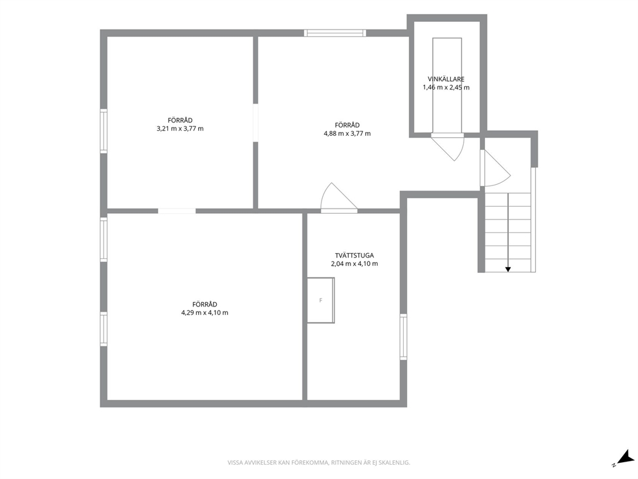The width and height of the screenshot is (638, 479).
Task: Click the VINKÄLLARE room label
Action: click(x=446, y=79)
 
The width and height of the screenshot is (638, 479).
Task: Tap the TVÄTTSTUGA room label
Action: click(x=354, y=256)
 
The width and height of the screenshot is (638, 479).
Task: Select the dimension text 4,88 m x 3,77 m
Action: click(x=347, y=134)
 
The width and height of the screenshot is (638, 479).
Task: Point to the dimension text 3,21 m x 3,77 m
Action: click(x=180, y=129)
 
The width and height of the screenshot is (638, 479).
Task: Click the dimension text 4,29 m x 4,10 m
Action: click(x=205, y=313)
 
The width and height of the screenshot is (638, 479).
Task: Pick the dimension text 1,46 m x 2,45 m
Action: click(x=446, y=88)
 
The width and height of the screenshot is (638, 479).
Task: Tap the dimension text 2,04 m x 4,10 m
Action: click(x=354, y=264)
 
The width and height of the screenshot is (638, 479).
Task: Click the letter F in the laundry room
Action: click(x=321, y=301)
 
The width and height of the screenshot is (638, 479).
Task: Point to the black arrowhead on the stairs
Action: click(x=508, y=269)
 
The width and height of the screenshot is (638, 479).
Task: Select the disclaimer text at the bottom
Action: click(x=318, y=463)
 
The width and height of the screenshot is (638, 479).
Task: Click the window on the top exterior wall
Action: click(x=335, y=33)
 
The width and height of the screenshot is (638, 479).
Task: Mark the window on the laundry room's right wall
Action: click(x=403, y=337)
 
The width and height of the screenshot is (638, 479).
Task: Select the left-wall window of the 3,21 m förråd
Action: click(x=104, y=131)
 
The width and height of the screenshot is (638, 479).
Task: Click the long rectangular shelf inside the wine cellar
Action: click(x=447, y=85)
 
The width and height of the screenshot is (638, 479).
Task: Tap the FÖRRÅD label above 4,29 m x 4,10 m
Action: click(x=205, y=305)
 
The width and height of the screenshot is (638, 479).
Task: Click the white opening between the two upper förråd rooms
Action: click(x=255, y=122)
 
